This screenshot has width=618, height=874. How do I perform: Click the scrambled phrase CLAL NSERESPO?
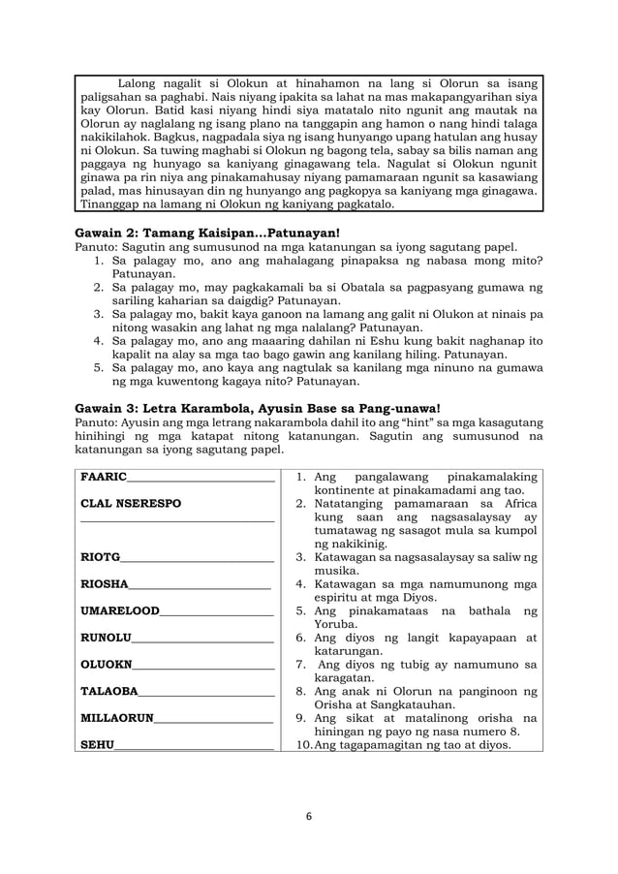131,504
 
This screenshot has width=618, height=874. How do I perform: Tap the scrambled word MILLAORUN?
116,718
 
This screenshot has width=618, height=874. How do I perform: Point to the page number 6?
309,816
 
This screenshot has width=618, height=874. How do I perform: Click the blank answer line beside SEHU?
194,747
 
